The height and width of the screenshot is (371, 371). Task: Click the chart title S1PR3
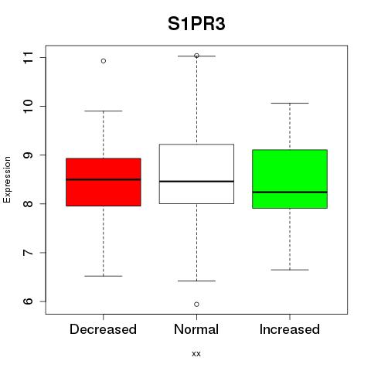[196, 24]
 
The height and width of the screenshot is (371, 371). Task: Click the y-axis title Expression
[7, 179]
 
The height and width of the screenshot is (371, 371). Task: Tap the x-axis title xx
[196, 353]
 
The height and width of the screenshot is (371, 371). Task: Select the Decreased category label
[103, 329]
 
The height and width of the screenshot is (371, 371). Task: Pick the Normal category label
[196, 329]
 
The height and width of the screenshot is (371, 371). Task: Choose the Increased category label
[290, 329]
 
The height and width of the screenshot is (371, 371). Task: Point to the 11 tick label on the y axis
[29, 58]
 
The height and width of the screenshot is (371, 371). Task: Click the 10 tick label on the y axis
[29, 106]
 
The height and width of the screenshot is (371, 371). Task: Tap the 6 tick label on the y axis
[29, 301]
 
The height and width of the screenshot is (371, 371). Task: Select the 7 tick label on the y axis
[29, 253]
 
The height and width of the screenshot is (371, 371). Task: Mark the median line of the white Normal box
[196, 182]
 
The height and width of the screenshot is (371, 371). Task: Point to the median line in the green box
[290, 192]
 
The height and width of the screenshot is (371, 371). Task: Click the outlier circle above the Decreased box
[104, 61]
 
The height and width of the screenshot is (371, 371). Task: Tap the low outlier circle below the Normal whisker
[196, 305]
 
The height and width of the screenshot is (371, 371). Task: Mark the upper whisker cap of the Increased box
[290, 103]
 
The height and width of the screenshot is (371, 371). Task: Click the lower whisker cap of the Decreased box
[104, 276]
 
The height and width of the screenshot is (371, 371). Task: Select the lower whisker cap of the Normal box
[196, 281]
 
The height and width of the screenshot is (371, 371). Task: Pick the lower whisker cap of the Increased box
[290, 270]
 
